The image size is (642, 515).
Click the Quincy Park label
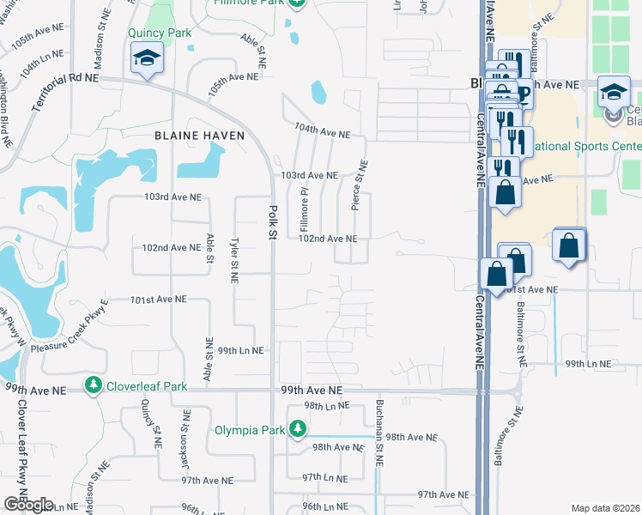click(158, 33)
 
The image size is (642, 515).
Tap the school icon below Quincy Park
click(147, 58)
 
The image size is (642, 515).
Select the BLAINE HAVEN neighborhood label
click(199, 136)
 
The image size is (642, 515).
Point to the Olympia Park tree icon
click(297, 428)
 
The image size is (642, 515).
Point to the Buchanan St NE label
click(379, 433)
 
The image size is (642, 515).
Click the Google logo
click(28, 505)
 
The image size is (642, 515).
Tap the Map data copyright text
click(606, 508)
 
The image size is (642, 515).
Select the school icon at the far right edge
click(614, 93)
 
